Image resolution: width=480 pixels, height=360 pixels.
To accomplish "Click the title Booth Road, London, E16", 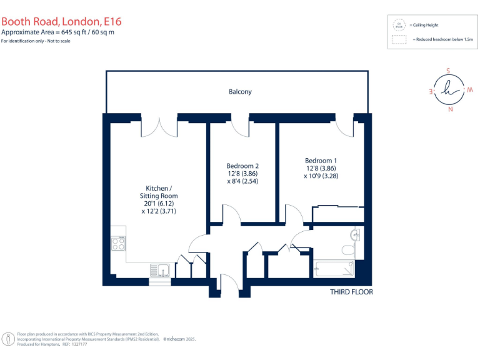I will [x=61, y=20].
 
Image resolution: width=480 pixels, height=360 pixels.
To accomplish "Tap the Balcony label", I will [x=240, y=92].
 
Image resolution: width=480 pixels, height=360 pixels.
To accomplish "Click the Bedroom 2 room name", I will [x=242, y=166].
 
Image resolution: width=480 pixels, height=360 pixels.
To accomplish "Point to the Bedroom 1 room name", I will [x=321, y=159].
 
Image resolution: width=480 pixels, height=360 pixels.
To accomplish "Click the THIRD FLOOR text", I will [x=351, y=292].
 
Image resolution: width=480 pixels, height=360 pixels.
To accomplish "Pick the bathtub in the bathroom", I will [x=334, y=269].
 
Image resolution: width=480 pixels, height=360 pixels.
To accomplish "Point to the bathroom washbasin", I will [x=355, y=236].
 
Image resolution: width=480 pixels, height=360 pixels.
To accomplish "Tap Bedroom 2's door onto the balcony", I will [x=241, y=126].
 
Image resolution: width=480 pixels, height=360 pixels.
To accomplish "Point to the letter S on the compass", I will [x=447, y=71].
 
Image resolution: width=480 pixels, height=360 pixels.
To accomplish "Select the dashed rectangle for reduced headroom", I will [x=398, y=39].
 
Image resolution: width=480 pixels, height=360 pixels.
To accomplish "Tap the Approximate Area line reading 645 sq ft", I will [x=57, y=32].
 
